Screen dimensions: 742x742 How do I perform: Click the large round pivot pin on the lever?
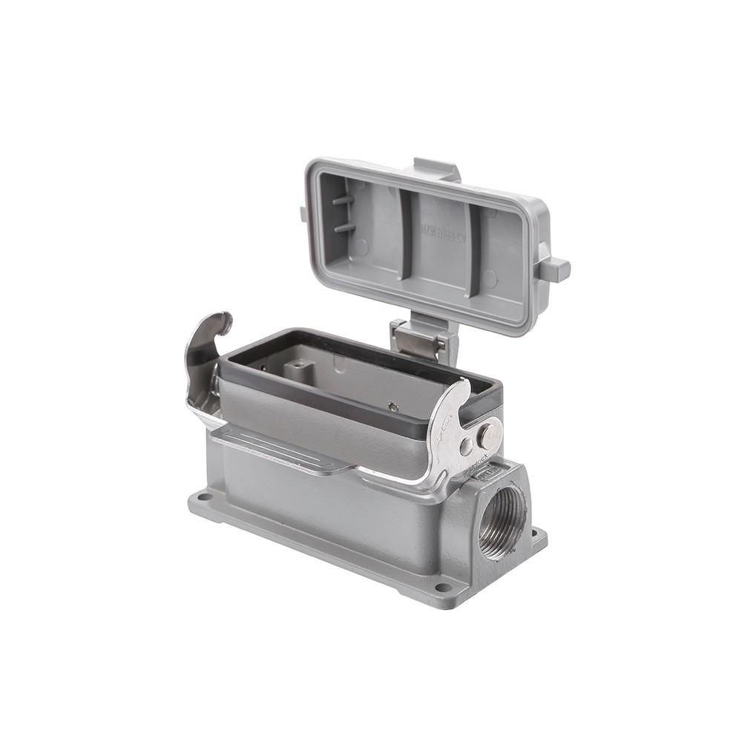coord(489,434)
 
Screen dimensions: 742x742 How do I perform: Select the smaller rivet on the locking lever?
coord(466,447)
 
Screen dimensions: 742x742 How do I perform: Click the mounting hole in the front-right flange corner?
coord(443,588)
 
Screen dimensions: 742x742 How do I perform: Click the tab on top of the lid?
coord(437,169)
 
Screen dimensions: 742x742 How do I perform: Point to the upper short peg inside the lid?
coord(343,200)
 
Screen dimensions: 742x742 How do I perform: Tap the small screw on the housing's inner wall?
coord(393,406)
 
